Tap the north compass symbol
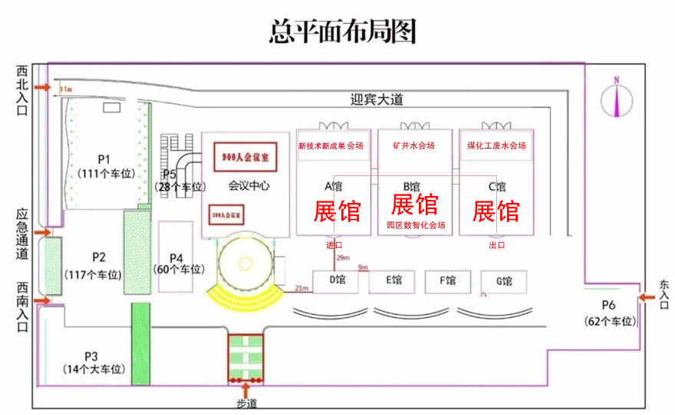point(615,97)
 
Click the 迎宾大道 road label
point(376,100)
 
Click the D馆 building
point(335,281)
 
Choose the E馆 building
point(391,281)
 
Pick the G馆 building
point(503,281)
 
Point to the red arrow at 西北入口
point(43,88)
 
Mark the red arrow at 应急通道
point(42,232)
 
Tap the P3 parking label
point(91,356)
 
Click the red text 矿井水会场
point(413,145)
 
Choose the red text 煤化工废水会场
point(496,145)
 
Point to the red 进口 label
point(334,245)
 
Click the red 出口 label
point(497,245)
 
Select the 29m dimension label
point(343,257)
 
